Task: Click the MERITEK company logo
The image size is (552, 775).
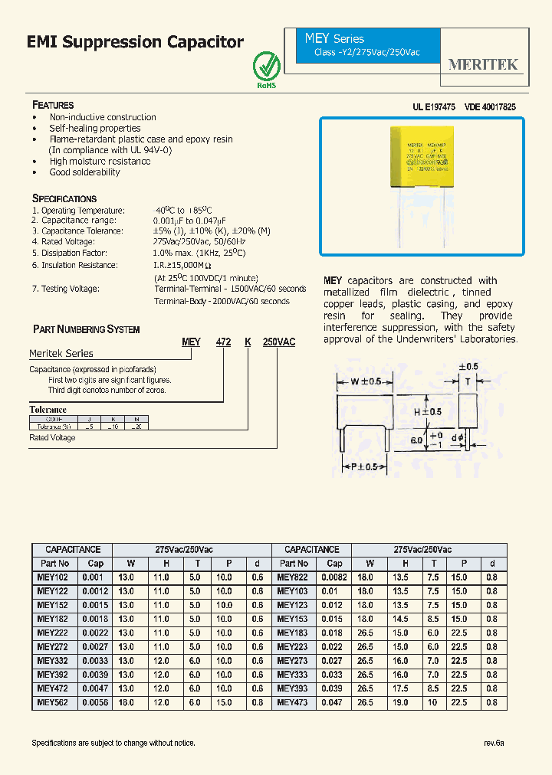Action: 483,65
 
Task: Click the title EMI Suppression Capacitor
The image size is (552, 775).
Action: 135,42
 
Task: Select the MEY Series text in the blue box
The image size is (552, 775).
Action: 334,39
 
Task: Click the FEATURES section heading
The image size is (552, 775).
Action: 53,105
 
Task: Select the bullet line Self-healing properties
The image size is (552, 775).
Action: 95,129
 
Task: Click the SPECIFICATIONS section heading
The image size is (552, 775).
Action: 64,198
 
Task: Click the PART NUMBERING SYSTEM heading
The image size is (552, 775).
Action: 86,329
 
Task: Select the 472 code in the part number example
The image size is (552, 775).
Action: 223,342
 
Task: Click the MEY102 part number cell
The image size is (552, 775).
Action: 53,577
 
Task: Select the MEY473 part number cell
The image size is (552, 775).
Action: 292,702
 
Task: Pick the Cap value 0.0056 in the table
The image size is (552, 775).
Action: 96,702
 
